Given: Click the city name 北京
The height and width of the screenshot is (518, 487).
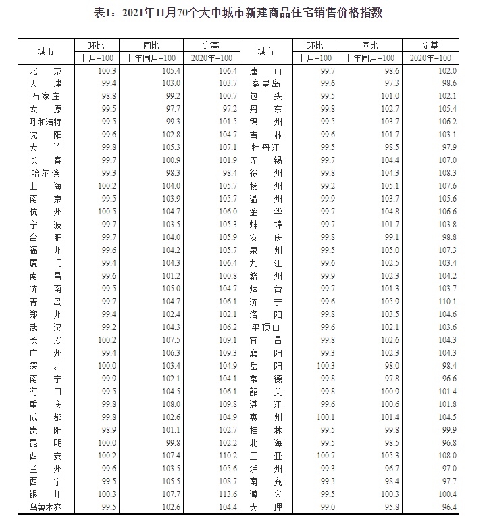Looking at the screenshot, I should [46, 71].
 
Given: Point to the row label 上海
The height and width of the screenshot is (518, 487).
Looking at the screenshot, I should [46, 186].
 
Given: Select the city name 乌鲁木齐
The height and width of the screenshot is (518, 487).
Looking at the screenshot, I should [46, 507].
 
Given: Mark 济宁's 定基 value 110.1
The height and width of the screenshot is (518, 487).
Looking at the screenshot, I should [447, 302].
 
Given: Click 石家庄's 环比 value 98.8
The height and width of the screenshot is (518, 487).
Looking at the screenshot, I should [107, 97].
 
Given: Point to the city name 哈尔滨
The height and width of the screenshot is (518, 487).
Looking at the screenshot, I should [46, 173].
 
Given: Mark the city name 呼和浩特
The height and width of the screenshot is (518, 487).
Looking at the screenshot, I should [46, 122].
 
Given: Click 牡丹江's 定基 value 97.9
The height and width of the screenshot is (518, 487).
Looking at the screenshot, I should [447, 148].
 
